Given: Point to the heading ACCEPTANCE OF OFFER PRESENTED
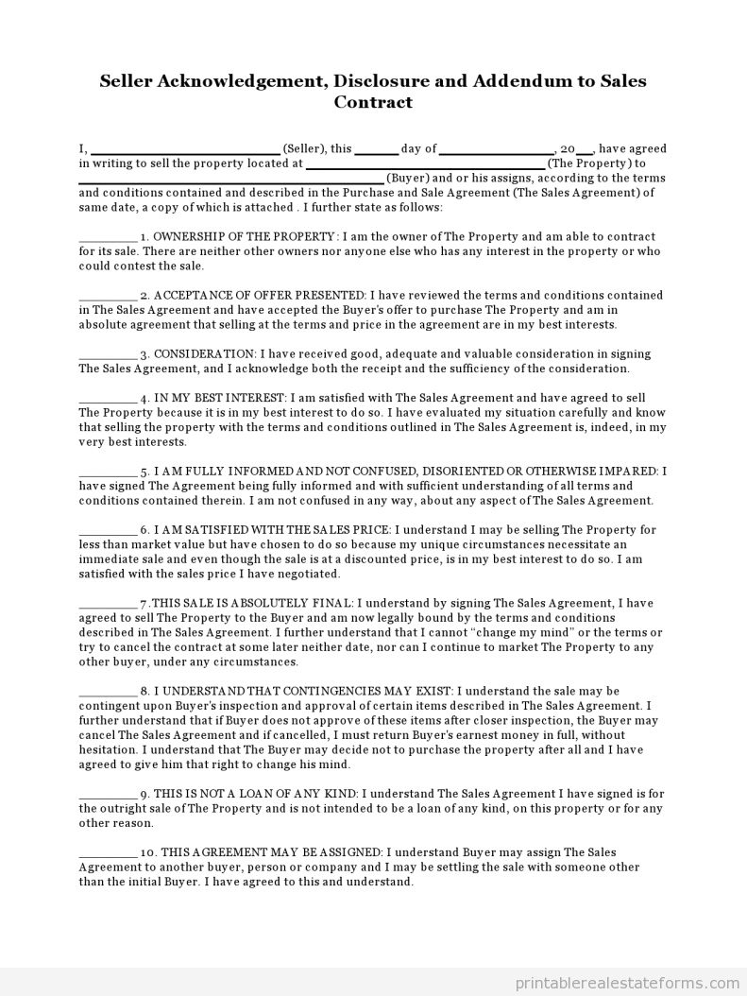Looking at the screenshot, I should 260,295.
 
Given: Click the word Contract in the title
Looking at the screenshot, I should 373,102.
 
